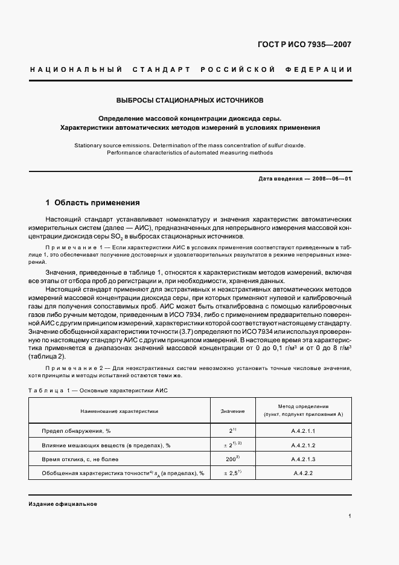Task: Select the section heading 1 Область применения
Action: (x=93, y=202)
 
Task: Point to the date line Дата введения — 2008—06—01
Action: (x=305, y=179)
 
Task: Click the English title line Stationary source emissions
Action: (x=190, y=145)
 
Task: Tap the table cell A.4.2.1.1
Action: (x=303, y=431)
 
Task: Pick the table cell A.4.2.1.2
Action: (x=303, y=445)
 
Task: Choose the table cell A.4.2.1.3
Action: (x=303, y=459)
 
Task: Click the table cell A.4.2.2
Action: (x=303, y=473)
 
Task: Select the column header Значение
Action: (x=232, y=411)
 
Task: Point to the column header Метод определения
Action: (x=303, y=407)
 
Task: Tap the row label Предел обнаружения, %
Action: (x=75, y=431)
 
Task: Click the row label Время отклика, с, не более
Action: (x=81, y=459)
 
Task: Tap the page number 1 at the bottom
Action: (x=350, y=516)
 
